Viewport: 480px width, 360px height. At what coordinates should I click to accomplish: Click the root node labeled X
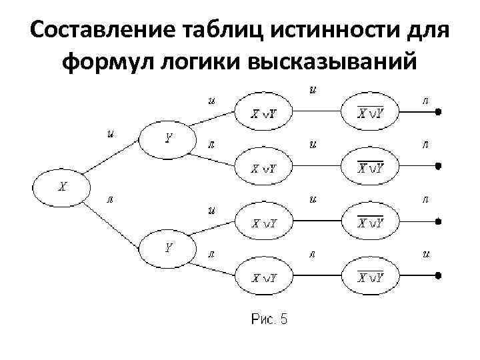pos(61,188)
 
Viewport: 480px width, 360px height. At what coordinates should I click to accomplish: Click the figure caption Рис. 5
pos(270,319)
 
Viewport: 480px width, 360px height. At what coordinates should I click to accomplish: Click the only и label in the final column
pos(425,253)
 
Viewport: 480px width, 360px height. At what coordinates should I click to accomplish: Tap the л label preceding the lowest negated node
pos(311,253)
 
